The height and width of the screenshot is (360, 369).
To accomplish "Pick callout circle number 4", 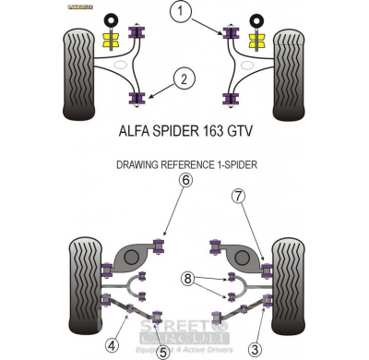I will [x=112, y=345].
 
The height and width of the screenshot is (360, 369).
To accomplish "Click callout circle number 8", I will [x=188, y=277].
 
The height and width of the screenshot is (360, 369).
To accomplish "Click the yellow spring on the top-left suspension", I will [x=114, y=42].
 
